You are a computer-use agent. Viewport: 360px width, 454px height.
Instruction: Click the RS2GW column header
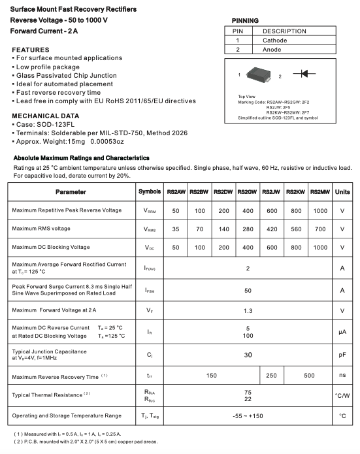click(247, 191)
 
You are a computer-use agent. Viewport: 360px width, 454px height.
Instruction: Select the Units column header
click(342, 191)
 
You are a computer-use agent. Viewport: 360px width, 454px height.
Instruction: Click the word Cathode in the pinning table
click(275, 41)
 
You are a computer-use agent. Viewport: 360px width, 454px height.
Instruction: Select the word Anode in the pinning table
click(272, 50)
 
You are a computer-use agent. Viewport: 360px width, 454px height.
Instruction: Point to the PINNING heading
click(240, 21)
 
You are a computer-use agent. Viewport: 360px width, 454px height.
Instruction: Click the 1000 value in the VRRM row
click(319, 210)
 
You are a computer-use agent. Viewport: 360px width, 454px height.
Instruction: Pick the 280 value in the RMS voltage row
click(247, 229)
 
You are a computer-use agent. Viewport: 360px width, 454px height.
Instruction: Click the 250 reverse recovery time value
click(271, 376)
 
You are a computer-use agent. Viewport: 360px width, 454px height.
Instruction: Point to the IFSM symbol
click(149, 291)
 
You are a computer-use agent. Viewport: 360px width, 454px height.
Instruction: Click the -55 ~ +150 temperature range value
click(247, 415)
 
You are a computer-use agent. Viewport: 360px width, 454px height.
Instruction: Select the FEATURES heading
click(31, 50)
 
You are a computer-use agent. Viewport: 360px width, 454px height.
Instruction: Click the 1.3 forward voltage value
click(247, 310)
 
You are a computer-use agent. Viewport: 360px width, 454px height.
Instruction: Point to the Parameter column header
click(71, 191)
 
